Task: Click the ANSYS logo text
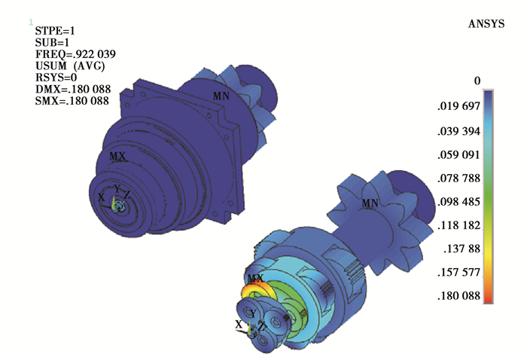pyautogui.click(x=486, y=24)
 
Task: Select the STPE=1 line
pyautogui.click(x=55, y=31)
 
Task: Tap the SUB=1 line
pyautogui.click(x=52, y=43)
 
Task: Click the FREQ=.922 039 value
pyautogui.click(x=75, y=54)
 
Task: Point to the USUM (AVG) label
pyautogui.click(x=70, y=66)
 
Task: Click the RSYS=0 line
pyautogui.click(x=56, y=78)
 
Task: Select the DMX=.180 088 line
pyautogui.click(x=73, y=90)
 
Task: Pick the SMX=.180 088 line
pyautogui.click(x=72, y=101)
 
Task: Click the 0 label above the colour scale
pyautogui.click(x=477, y=81)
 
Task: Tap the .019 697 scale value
pyautogui.click(x=458, y=106)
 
